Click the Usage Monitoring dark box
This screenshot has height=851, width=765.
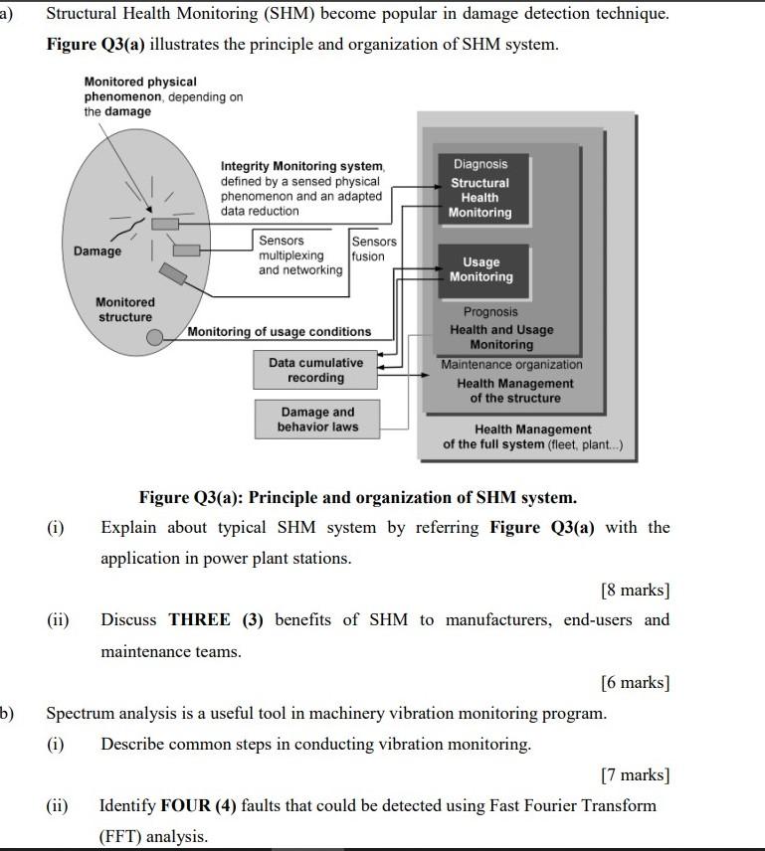pos(480,269)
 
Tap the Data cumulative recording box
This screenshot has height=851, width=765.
pos(315,370)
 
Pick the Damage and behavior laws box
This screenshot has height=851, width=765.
pos(317,420)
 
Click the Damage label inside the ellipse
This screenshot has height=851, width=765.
pos(97,251)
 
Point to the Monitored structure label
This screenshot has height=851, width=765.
pos(125,309)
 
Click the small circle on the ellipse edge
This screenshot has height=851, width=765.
pos(154,338)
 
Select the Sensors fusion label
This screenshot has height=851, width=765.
pos(373,249)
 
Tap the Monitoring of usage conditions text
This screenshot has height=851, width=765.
pos(280,332)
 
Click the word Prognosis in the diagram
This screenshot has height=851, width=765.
pos(490,311)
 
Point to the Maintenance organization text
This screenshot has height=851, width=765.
pos(512,365)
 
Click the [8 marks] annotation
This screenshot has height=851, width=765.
pos(635,590)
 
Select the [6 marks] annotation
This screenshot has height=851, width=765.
pos(635,682)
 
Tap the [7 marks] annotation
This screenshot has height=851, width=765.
pos(635,774)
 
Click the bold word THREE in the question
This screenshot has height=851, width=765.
pos(200,619)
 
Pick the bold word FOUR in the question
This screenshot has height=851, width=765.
pos(185,805)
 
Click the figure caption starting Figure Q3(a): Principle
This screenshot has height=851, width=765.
pos(357,497)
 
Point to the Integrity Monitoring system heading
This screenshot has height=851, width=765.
pos(302,166)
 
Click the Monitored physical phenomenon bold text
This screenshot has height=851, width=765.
pos(140,88)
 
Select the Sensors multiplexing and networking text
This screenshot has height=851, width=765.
pos(299,255)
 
